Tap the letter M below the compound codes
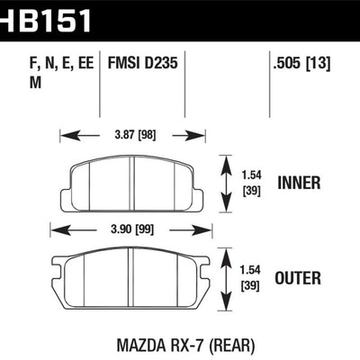click(23, 83)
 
